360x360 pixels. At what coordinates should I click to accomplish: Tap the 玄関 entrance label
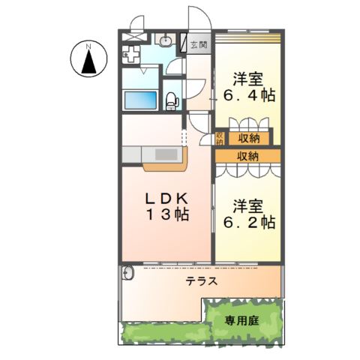point(197,44)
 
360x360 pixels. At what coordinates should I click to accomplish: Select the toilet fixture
point(171,97)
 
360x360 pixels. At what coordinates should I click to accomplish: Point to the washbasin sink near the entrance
point(166,40)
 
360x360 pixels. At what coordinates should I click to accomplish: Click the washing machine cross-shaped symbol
point(133,55)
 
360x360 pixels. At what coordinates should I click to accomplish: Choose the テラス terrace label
point(201,282)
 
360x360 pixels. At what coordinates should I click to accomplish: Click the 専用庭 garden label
point(241,321)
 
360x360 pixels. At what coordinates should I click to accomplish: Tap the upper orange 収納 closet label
point(250,138)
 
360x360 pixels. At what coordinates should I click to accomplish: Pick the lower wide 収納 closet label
point(247,156)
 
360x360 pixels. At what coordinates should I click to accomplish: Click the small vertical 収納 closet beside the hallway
point(220,138)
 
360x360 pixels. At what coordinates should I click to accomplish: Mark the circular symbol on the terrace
point(128,274)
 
